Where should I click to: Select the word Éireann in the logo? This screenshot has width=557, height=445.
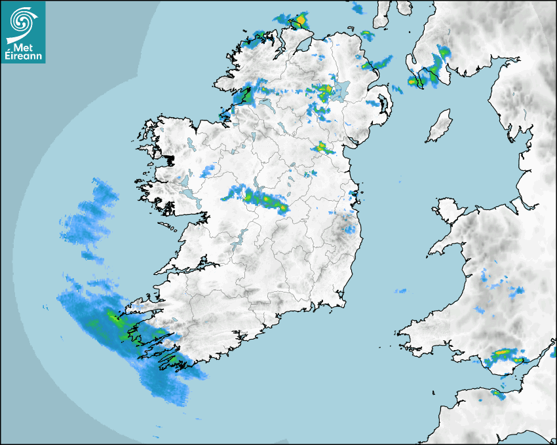24,56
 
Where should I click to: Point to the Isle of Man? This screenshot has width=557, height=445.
439,126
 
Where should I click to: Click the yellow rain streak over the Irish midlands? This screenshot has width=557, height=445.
265,199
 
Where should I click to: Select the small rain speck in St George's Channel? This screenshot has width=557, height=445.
400,291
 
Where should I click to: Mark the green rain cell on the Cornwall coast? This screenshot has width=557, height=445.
496,393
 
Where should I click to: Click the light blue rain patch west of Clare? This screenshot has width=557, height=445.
92,216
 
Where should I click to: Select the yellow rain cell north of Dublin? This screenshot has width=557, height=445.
322,148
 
